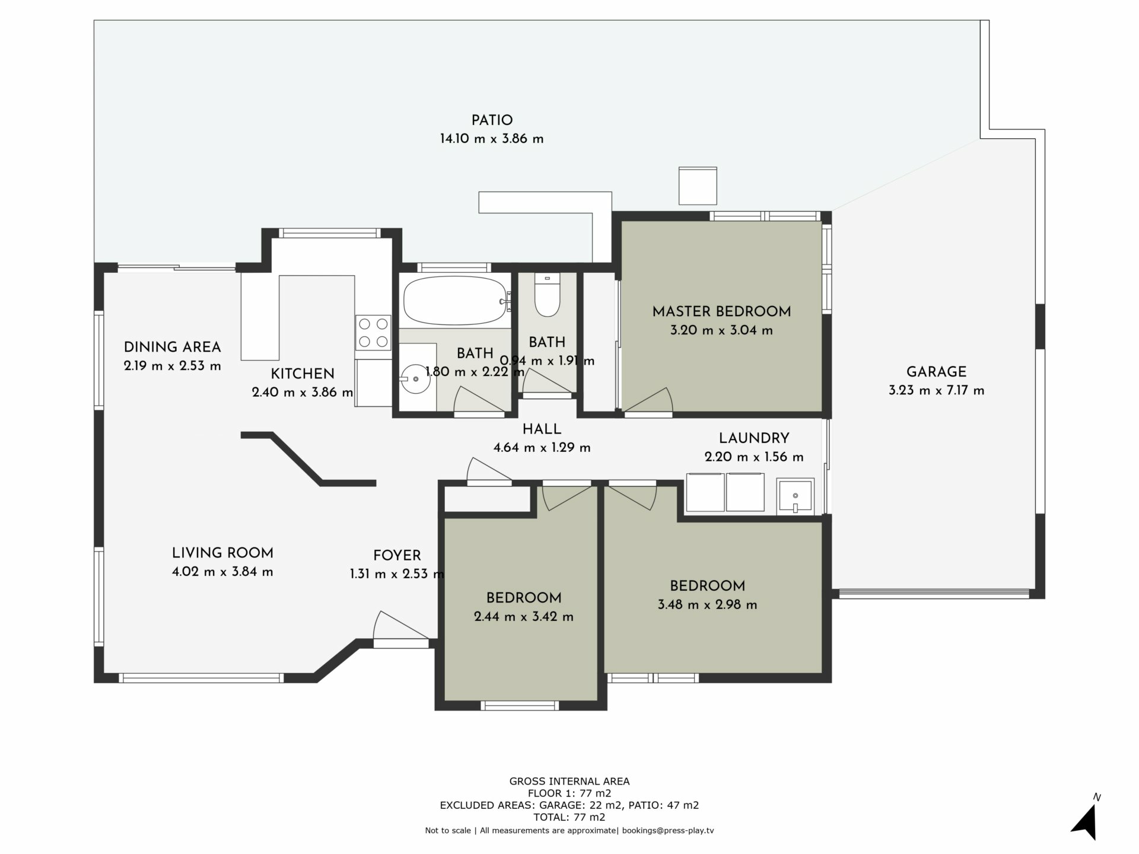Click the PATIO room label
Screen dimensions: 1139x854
[x=492, y=121]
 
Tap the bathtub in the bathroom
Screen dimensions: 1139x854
[x=455, y=301]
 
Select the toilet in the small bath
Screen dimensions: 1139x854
[x=547, y=295]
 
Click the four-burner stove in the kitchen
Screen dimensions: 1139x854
[x=373, y=333]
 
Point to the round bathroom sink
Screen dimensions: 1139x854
[x=415, y=378]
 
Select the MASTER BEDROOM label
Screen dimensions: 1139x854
[x=721, y=312]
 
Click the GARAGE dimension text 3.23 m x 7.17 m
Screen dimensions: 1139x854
[x=936, y=391]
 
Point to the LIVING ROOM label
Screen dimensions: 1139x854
[x=222, y=553]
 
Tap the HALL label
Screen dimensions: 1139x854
[x=542, y=429]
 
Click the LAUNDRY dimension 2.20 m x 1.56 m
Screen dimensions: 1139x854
[x=754, y=457]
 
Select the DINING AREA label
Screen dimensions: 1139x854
[x=172, y=348]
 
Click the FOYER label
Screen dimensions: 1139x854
[x=397, y=556]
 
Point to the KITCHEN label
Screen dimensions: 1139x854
[x=303, y=374]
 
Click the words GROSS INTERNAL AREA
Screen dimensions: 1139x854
[x=569, y=782]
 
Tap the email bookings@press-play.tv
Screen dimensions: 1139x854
[x=668, y=831]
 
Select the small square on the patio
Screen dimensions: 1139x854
[x=698, y=186]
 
